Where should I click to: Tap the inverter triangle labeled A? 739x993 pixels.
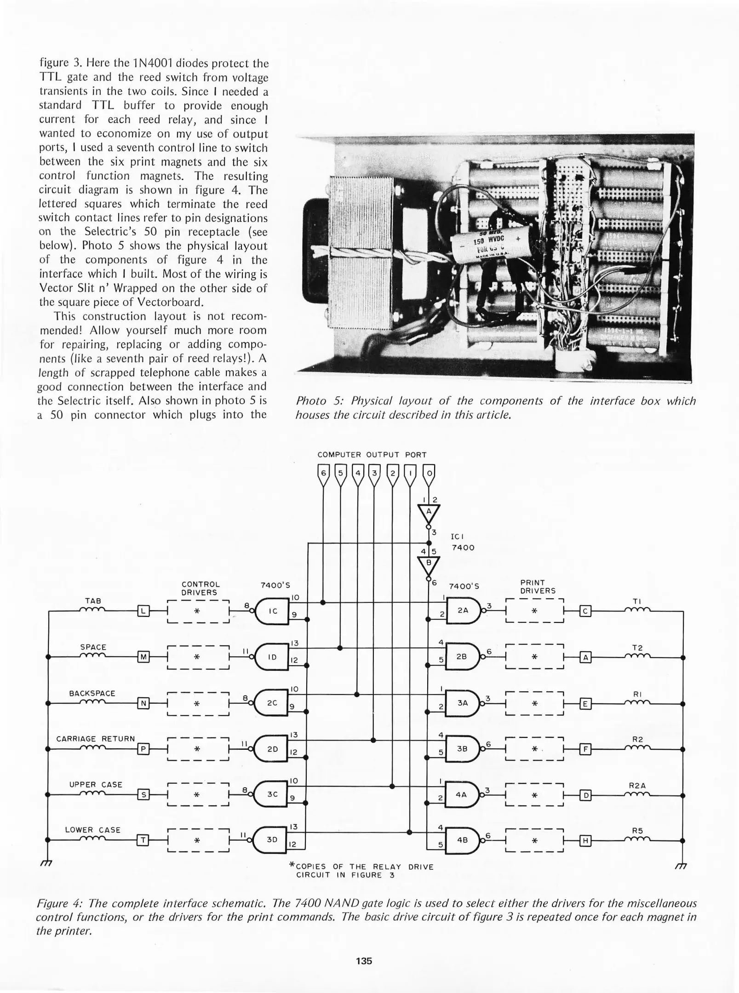(x=429, y=512)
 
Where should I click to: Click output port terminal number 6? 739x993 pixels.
(x=323, y=474)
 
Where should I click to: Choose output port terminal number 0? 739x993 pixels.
(x=429, y=474)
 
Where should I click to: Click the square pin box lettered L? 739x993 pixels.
(x=143, y=611)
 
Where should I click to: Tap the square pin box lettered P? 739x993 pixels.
(x=143, y=749)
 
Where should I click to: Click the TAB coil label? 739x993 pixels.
(x=93, y=601)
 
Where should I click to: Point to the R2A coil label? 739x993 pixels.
(x=637, y=786)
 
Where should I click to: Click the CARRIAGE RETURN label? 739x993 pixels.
(x=95, y=739)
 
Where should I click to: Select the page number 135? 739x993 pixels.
(x=364, y=960)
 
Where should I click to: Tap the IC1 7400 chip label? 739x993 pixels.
(x=462, y=542)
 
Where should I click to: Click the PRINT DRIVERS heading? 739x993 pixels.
(x=538, y=587)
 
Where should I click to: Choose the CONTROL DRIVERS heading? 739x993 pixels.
(x=200, y=588)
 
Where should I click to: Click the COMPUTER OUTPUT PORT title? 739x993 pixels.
(x=372, y=455)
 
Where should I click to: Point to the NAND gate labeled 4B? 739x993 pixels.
(x=462, y=839)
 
